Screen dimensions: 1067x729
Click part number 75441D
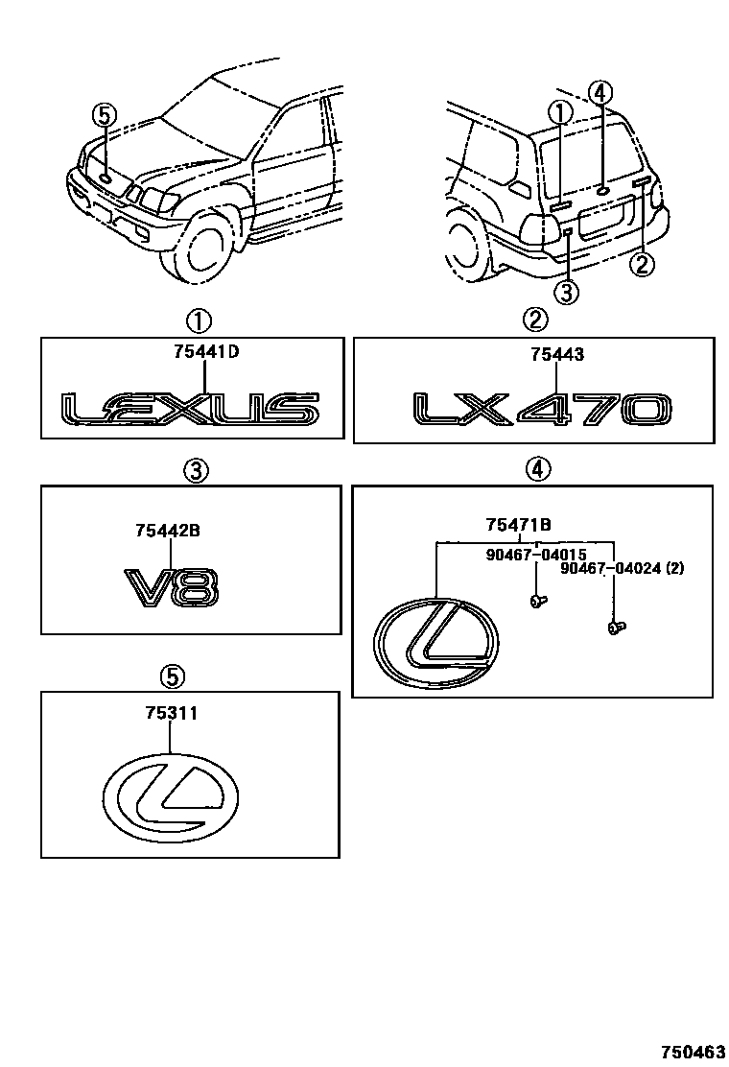click(206, 352)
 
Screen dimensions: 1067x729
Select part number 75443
click(557, 355)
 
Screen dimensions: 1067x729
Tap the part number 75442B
click(168, 529)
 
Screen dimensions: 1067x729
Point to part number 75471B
click(518, 524)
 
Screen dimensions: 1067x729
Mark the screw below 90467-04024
click(615, 628)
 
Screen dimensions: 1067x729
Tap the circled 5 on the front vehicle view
click(104, 116)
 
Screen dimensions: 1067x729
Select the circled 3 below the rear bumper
click(566, 292)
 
